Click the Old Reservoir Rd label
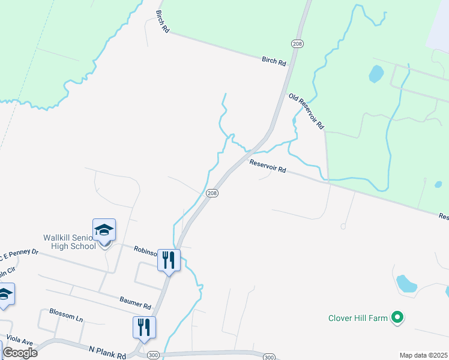[307, 112]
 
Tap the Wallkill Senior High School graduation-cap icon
[104, 230]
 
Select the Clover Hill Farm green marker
[397, 317]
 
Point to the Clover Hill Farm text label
[358, 318]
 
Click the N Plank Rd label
[107, 350]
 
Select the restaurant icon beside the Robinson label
[169, 260]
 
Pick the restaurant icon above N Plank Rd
[145, 327]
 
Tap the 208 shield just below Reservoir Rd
[211, 193]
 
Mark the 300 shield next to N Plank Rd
[154, 355]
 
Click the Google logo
[19, 353]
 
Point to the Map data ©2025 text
[423, 355]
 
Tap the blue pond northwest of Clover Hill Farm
[406, 283]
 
